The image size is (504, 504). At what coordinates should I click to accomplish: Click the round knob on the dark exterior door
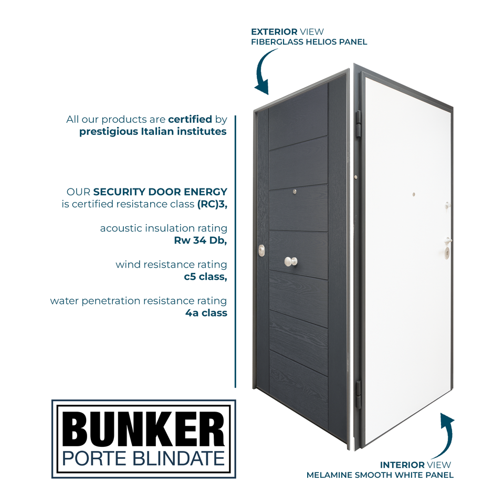290,261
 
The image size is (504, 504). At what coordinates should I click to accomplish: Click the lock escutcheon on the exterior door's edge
261,251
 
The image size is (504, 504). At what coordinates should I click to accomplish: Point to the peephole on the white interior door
414,194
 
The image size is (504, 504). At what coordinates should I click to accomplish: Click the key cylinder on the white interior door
447,251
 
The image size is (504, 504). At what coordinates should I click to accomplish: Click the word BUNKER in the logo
143,429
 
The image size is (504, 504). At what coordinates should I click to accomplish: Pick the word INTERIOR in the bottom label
402,465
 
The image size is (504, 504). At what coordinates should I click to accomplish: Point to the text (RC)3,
212,204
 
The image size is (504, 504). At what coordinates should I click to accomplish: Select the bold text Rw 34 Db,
201,240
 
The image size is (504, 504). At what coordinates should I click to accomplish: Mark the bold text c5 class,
205,277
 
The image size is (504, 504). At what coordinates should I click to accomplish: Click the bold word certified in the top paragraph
190,119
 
